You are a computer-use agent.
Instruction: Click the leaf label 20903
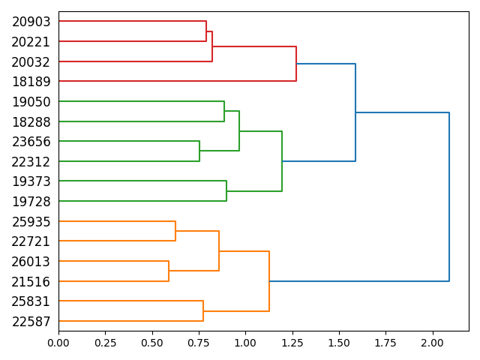tap(31, 22)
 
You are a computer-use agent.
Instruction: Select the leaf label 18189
tap(31, 82)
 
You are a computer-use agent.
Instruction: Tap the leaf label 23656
tap(31, 142)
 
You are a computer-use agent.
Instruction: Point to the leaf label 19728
tap(31, 202)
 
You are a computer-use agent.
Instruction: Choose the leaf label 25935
tap(31, 222)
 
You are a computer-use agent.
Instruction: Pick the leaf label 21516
tap(31, 282)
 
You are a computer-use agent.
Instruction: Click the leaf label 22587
tap(31, 322)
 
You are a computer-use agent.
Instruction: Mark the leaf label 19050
tap(31, 102)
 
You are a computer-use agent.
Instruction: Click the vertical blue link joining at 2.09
tap(449, 196)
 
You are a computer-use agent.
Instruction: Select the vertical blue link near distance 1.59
tap(355, 112)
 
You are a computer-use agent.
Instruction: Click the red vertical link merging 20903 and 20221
tap(206, 31)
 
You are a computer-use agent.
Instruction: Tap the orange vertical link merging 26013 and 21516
tap(169, 271)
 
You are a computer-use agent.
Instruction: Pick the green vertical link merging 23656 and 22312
tap(199, 151)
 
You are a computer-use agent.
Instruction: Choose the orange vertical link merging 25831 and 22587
tap(203, 310)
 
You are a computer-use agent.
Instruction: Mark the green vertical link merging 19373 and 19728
tap(226, 190)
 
